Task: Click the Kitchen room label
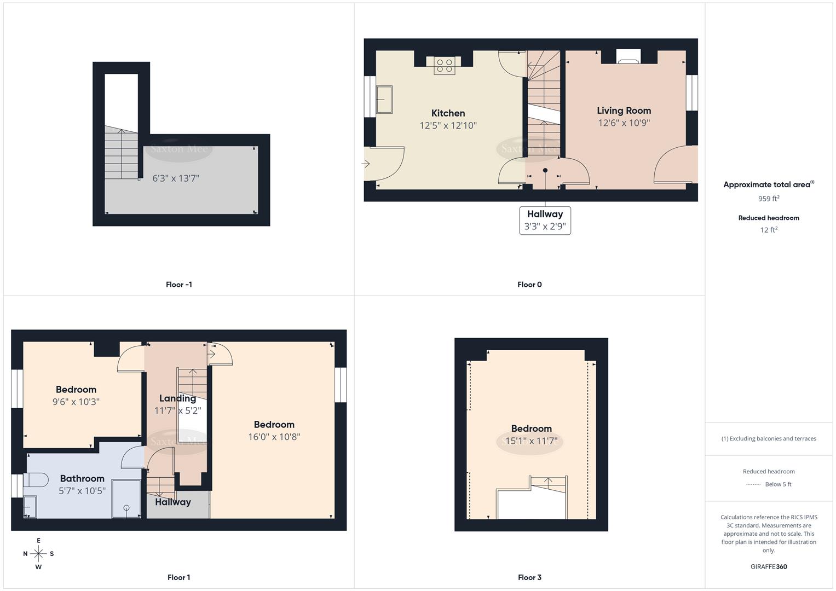pyautogui.click(x=448, y=113)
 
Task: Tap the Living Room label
pyautogui.click(x=624, y=111)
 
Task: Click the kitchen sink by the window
pyautogui.click(x=384, y=99)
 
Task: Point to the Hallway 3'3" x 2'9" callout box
pyautogui.click(x=545, y=221)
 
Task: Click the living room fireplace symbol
pyautogui.click(x=628, y=57)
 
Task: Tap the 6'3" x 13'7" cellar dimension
pyautogui.click(x=176, y=178)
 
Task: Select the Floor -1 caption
pyautogui.click(x=178, y=285)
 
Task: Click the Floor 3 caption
pyautogui.click(x=529, y=577)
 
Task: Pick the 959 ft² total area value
pyautogui.click(x=769, y=199)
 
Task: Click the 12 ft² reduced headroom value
pyautogui.click(x=769, y=230)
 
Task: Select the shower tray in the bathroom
pyautogui.click(x=126, y=499)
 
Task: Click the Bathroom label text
pyautogui.click(x=82, y=478)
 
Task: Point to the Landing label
pyautogui.click(x=177, y=398)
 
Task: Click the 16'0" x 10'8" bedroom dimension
pyautogui.click(x=274, y=437)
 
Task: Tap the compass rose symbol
pyautogui.click(x=38, y=554)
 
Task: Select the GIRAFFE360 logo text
pyautogui.click(x=769, y=567)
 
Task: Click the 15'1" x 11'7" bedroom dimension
pyautogui.click(x=531, y=441)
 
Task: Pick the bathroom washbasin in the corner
pyautogui.click(x=30, y=506)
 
